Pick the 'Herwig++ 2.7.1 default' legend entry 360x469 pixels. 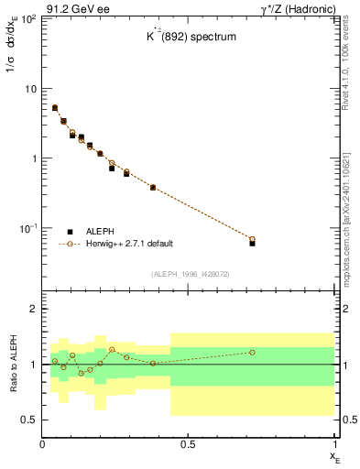point(128,244)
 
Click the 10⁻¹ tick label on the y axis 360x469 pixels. point(27,227)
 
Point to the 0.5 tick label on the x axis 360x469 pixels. point(189,444)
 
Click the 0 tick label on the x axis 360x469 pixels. point(43,444)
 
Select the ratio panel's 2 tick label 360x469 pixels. point(34,310)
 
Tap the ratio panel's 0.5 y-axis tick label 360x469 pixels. point(30,420)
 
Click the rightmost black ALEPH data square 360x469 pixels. point(252,243)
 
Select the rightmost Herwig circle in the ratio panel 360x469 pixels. point(252,352)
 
